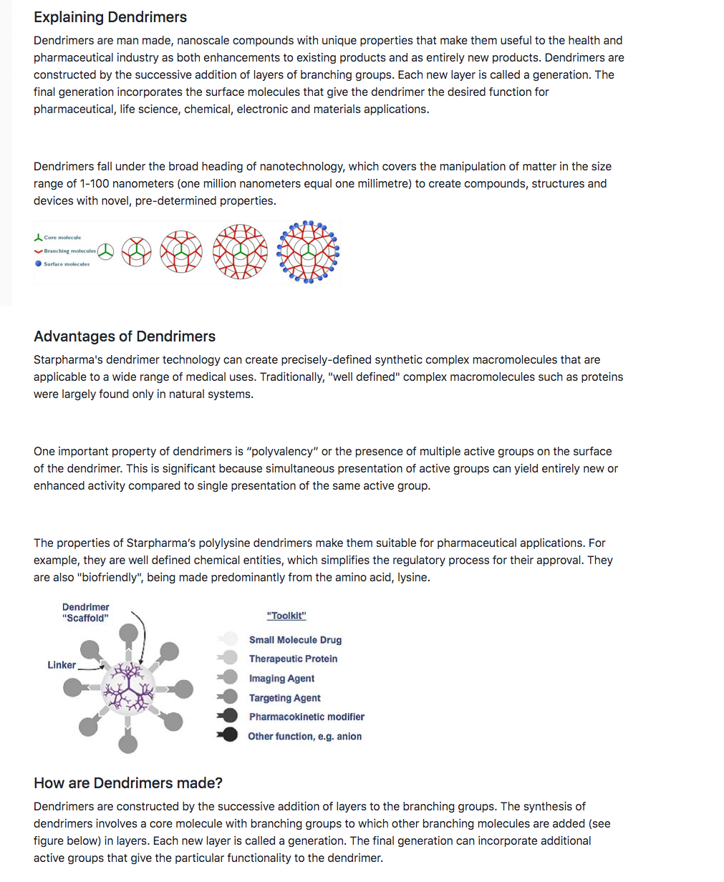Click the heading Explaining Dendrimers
coord(110,17)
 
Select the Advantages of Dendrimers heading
coord(125,336)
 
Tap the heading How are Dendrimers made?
coord(128,783)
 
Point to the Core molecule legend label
coord(62,238)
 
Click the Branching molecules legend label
coord(69,251)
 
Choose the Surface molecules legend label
coord(67,264)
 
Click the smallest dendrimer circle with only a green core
coord(106,251)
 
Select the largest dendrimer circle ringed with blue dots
coord(308,252)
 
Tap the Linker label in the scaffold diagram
coord(62,665)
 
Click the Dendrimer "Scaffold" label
coord(86,613)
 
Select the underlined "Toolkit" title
coord(286,616)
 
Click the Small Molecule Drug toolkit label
coord(295,640)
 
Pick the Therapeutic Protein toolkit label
coord(293,659)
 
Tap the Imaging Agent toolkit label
coord(281,679)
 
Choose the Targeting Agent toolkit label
coord(284,698)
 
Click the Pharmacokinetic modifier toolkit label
coord(307,717)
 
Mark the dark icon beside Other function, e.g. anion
coord(228,735)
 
